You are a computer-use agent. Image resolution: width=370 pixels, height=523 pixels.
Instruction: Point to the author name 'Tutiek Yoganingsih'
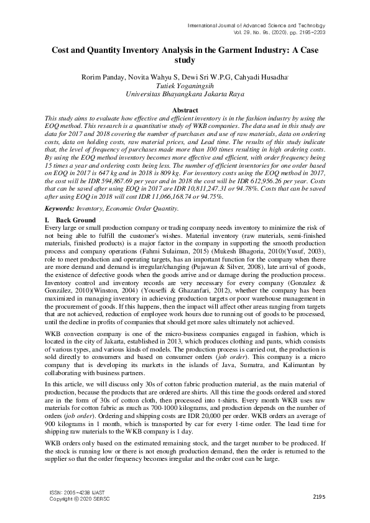(x=185, y=86)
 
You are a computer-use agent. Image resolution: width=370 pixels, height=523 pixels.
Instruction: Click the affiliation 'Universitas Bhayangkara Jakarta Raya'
(x=185, y=95)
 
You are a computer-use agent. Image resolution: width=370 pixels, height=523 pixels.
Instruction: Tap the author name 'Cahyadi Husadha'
(x=248, y=77)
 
